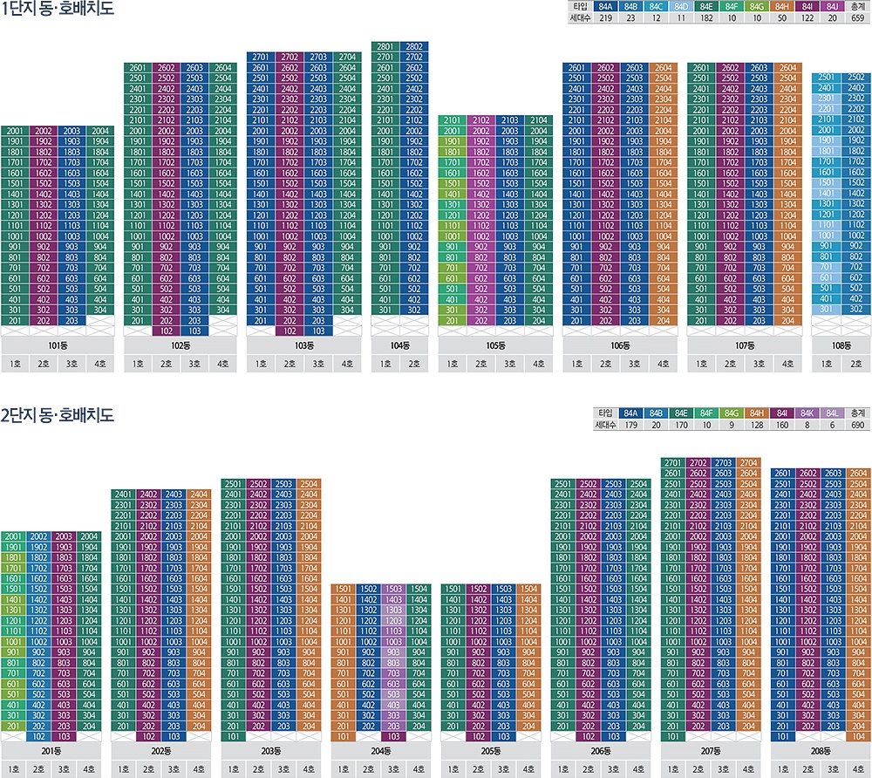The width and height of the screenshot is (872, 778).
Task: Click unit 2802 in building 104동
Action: [414, 46]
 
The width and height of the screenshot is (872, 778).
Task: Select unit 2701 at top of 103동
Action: [261, 57]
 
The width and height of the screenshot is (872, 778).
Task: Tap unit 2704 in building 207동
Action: [747, 462]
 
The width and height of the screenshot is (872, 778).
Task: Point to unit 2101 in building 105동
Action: [453, 120]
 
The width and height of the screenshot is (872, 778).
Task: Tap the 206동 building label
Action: [601, 750]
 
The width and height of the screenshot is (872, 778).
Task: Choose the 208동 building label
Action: [820, 750]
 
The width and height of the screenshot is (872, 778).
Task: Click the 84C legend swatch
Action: [657, 7]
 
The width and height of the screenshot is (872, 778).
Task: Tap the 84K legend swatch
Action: [807, 412]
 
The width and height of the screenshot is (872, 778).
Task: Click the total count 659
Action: [858, 17]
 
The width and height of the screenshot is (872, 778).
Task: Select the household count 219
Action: [605, 17]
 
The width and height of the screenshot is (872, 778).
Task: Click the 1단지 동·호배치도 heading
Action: [58, 10]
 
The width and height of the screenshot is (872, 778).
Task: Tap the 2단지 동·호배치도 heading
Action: [58, 415]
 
